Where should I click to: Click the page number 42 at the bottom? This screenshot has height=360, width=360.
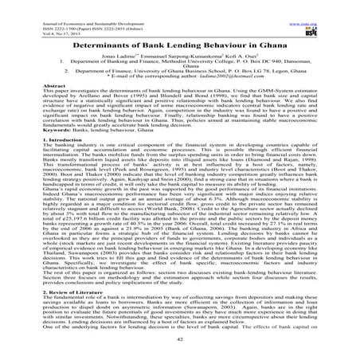(180, 348)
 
